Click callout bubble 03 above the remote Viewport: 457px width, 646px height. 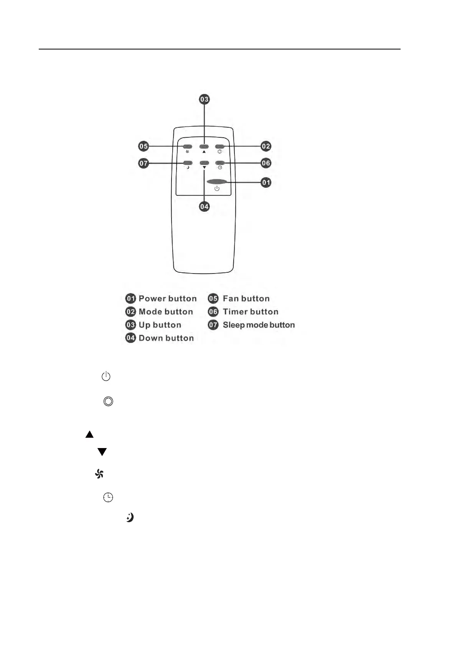tap(204, 99)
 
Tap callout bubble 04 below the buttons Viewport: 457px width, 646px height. tap(204, 206)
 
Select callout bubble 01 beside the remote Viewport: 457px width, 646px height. tap(266, 182)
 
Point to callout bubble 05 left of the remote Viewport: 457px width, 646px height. tap(144, 146)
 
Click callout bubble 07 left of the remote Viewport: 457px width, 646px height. tap(144, 163)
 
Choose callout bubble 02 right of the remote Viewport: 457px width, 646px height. tap(266, 146)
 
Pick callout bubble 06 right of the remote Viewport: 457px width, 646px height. tap(266, 163)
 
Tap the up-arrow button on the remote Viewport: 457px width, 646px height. tap(204, 147)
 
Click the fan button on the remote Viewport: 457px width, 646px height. tap(188, 147)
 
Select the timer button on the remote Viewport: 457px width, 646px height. tap(219, 163)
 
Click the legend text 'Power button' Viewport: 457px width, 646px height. tap(167, 298)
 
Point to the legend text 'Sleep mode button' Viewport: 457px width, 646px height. tap(259, 325)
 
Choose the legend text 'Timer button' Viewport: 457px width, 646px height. tap(250, 311)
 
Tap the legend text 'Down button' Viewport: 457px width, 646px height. tap(166, 338)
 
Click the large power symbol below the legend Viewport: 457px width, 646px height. tap(106, 376)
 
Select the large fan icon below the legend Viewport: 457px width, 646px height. tap(99, 474)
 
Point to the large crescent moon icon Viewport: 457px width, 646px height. tap(130, 517)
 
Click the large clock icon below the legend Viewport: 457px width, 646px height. tap(108, 498)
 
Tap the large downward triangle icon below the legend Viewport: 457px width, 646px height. tap(102, 452)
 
